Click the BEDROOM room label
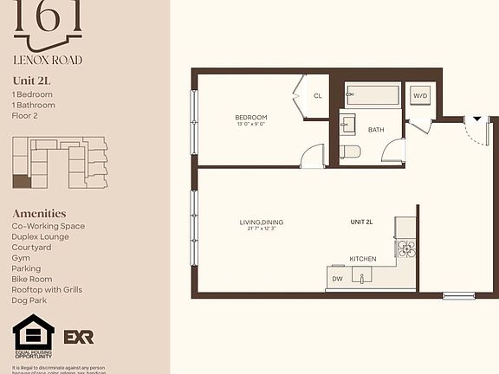pyautogui.click(x=250, y=117)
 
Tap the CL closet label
pyautogui.click(x=318, y=96)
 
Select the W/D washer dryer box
pyautogui.click(x=421, y=95)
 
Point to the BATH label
pyautogui.click(x=376, y=130)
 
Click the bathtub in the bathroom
pyautogui.click(x=373, y=95)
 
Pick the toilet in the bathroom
pyautogui.click(x=351, y=152)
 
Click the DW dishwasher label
pyautogui.click(x=337, y=279)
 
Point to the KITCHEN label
pyautogui.click(x=362, y=259)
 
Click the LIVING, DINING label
pyautogui.click(x=262, y=222)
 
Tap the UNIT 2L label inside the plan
pyautogui.click(x=361, y=222)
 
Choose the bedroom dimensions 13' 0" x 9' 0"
pyautogui.click(x=250, y=125)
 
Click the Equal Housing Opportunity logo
pyautogui.click(x=34, y=336)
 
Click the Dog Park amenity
pyautogui.click(x=31, y=300)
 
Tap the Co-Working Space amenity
pyautogui.click(x=49, y=226)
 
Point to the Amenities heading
pyautogui.click(x=39, y=213)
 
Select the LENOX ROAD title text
pyautogui.click(x=48, y=61)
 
